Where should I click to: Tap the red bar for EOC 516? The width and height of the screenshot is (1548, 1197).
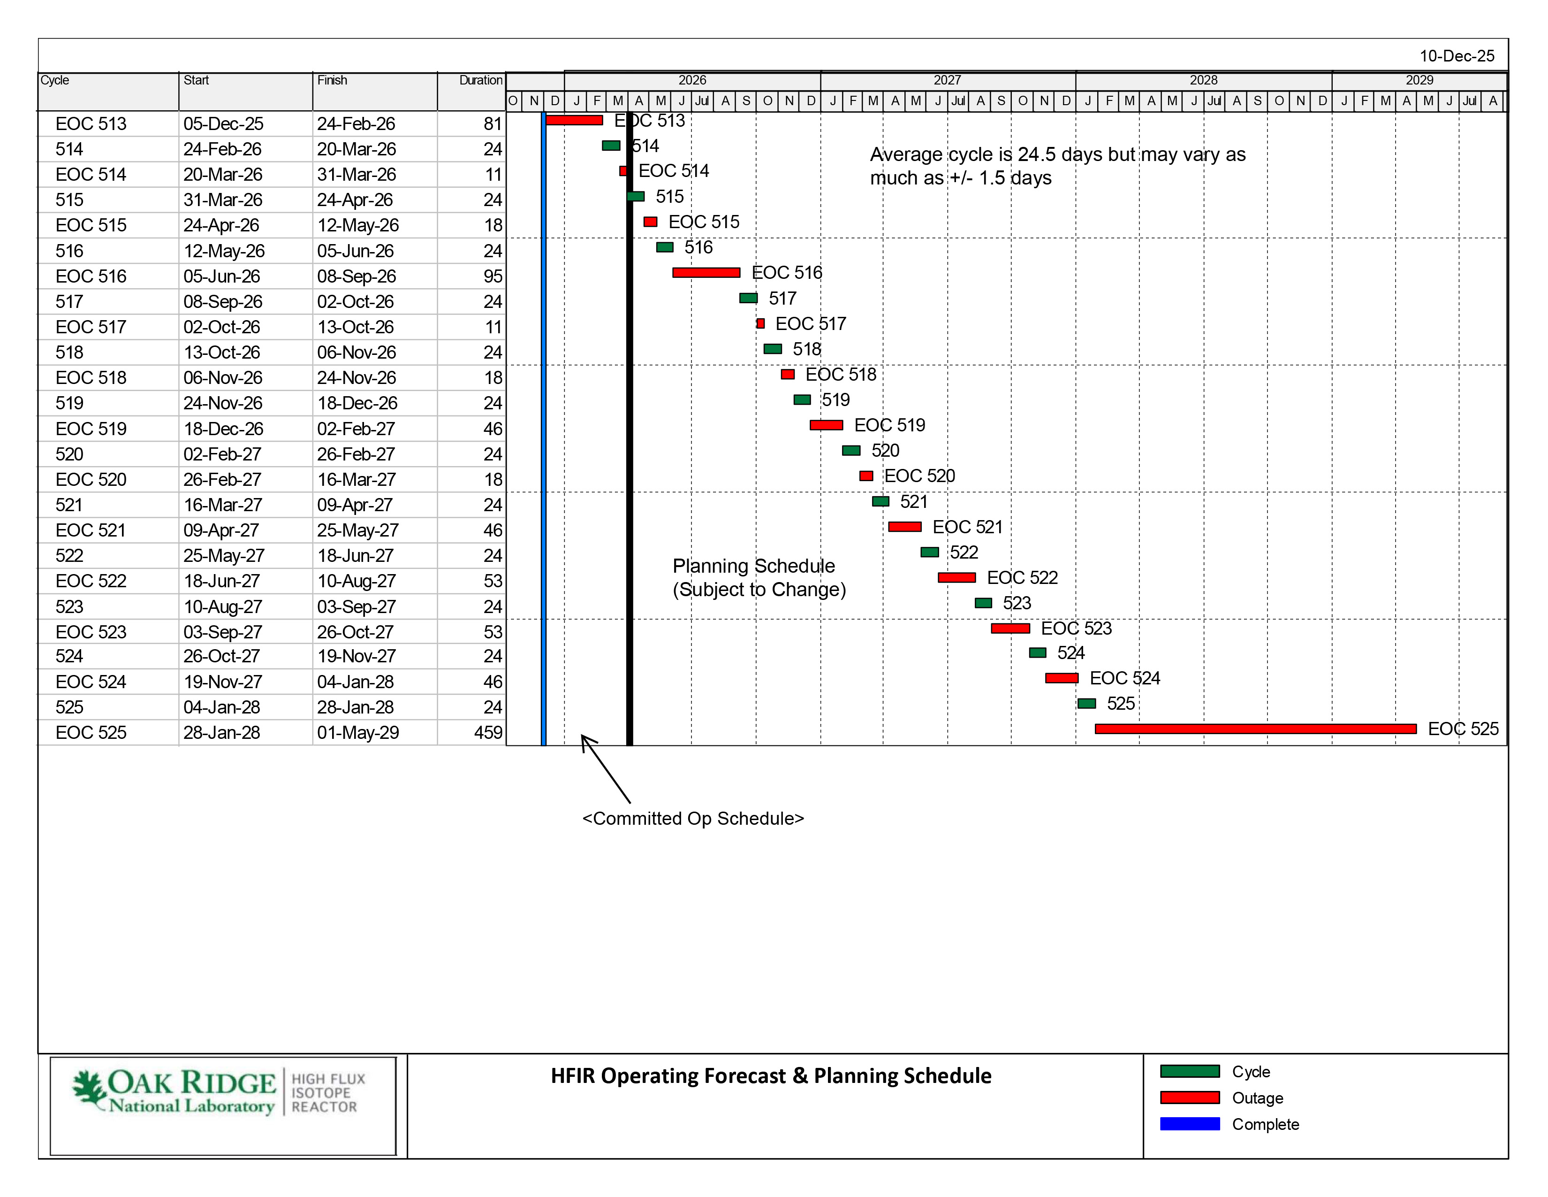tap(706, 272)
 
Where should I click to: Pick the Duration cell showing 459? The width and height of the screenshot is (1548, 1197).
tap(488, 733)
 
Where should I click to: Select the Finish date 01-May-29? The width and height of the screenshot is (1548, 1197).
tap(357, 733)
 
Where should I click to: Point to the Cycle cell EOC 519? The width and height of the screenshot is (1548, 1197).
tap(91, 429)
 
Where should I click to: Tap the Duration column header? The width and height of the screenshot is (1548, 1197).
tap(480, 80)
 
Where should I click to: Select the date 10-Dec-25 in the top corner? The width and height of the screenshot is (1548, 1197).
tap(1457, 56)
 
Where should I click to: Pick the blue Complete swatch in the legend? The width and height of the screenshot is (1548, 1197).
tap(1189, 1124)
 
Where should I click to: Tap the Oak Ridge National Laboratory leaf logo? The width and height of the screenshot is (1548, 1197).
tap(89, 1089)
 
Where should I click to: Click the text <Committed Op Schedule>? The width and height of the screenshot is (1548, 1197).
tap(692, 818)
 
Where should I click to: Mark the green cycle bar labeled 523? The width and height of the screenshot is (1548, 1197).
tap(983, 603)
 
